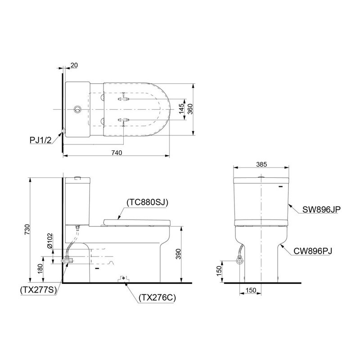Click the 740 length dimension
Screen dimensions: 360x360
[x=117, y=153]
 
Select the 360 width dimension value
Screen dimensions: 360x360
[x=190, y=109]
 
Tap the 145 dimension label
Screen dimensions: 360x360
[x=181, y=109]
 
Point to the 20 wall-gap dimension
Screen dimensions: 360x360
[x=74, y=65]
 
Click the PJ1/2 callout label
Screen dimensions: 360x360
[x=40, y=140]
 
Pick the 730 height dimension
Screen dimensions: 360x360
[x=27, y=229]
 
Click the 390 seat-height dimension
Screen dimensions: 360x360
[x=178, y=254]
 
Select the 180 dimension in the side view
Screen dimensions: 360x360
[x=40, y=269]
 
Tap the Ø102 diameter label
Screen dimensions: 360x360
[x=50, y=241]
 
